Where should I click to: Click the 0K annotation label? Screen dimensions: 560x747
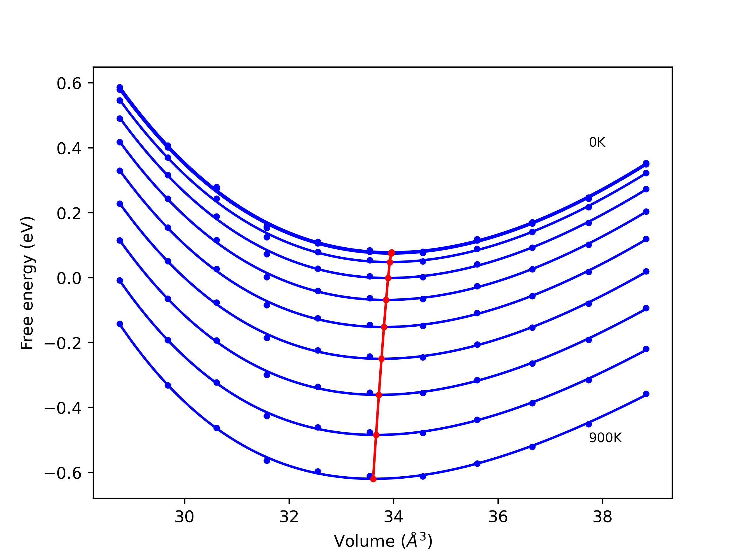coord(597,142)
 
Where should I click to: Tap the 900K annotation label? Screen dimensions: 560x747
coord(605,438)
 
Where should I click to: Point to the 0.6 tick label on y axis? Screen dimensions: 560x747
coord(69,83)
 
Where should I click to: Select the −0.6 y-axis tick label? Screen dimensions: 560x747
coord(63,473)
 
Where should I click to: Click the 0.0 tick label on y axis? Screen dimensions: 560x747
coord(69,279)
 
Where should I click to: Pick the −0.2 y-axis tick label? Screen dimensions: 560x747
coord(63,343)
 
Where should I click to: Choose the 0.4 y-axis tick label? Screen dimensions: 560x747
coord(69,148)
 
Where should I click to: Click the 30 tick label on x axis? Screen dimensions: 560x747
coord(184,517)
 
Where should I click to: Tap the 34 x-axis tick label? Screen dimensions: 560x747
coord(393,517)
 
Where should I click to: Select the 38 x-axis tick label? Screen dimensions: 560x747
coord(603,517)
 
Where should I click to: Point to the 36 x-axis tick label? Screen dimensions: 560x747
coord(498,517)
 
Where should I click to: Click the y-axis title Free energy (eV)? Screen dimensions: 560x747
coord(27,283)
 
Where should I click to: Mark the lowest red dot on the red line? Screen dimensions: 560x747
coord(373,479)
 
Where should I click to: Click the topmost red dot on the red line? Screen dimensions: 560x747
coord(392,253)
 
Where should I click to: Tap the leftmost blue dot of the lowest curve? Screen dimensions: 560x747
coord(120,324)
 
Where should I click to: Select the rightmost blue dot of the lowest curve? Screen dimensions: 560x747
coord(646,394)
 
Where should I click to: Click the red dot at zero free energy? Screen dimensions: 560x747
coord(388,278)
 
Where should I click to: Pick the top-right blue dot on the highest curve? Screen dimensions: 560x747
coord(646,163)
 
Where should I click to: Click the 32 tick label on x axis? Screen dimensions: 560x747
coord(289,517)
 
